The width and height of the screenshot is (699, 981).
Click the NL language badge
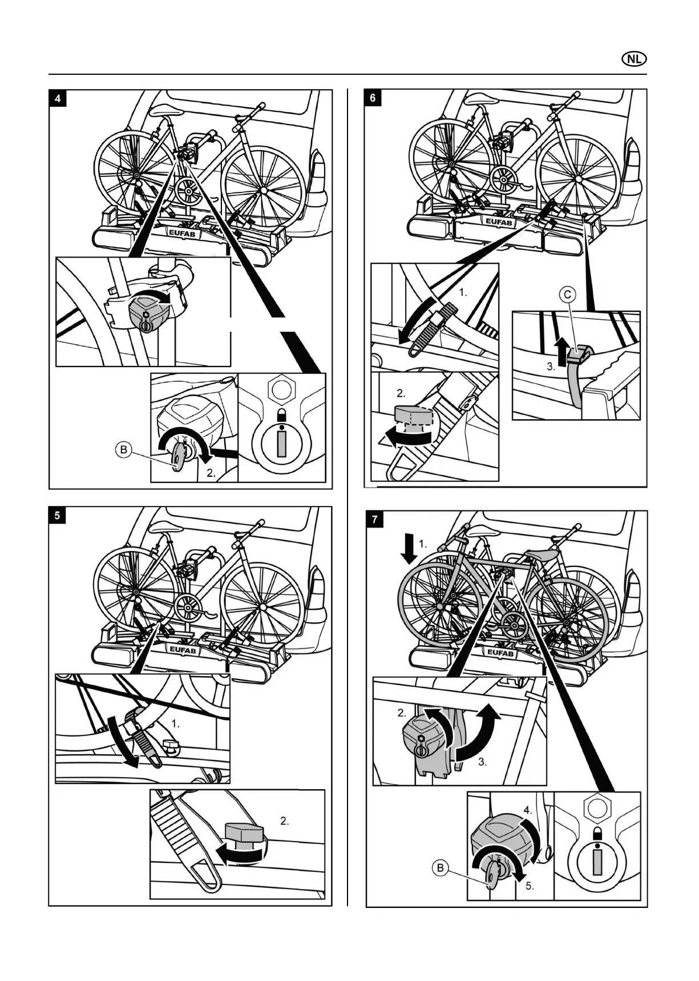click(634, 59)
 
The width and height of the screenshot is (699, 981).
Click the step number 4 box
click(58, 98)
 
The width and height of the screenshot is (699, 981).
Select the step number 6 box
click(373, 98)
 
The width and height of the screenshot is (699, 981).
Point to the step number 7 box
click(374, 520)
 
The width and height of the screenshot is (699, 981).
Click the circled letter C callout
click(568, 295)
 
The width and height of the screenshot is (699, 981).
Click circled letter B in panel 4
click(123, 450)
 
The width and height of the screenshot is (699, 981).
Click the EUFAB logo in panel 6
click(499, 222)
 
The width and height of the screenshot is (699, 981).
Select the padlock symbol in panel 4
click(281, 415)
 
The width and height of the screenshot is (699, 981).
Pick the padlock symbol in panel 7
click(597, 833)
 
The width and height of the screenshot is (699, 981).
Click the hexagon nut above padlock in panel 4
click(281, 389)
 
